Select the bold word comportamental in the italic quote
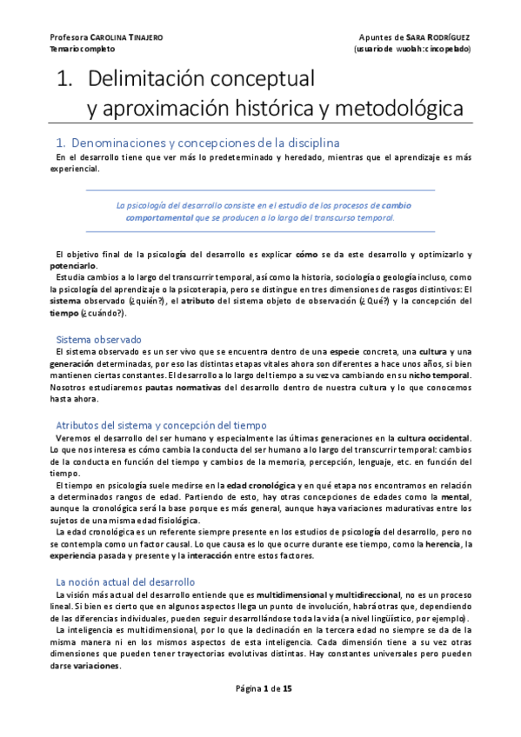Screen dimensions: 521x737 click(x=160, y=218)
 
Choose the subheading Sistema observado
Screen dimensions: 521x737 click(x=98, y=338)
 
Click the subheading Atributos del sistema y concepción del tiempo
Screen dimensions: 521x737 click(x=172, y=424)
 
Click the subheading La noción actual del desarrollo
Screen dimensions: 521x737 click(x=125, y=581)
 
